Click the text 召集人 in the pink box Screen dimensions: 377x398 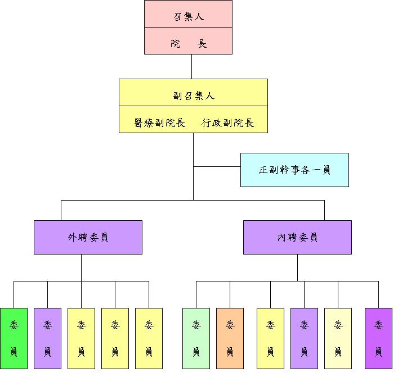(x=188, y=16)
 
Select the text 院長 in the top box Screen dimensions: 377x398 (x=188, y=43)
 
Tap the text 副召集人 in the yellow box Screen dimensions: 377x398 (x=193, y=96)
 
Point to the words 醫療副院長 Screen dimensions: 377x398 (x=160, y=122)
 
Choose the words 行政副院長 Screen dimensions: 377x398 (x=227, y=122)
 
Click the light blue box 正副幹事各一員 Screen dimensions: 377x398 (x=294, y=170)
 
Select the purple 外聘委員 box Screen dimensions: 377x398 (x=88, y=237)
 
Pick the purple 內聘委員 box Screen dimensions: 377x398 (x=297, y=237)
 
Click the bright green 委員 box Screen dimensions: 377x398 (x=14, y=338)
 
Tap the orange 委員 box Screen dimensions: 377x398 (x=230, y=338)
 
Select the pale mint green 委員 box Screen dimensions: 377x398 (x=196, y=338)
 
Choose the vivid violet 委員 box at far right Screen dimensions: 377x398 (x=378, y=338)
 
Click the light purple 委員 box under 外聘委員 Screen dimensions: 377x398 (x=47, y=338)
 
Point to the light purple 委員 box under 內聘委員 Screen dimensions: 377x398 (x=304, y=338)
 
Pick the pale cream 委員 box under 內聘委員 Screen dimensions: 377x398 (x=338, y=338)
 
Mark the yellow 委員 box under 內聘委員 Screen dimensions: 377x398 (x=270, y=338)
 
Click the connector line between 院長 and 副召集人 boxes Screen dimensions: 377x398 (x=192, y=66)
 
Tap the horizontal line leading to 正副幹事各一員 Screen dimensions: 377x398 (x=217, y=166)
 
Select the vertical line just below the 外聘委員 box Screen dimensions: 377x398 (x=81, y=267)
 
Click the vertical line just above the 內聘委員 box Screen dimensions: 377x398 (x=324, y=210)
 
